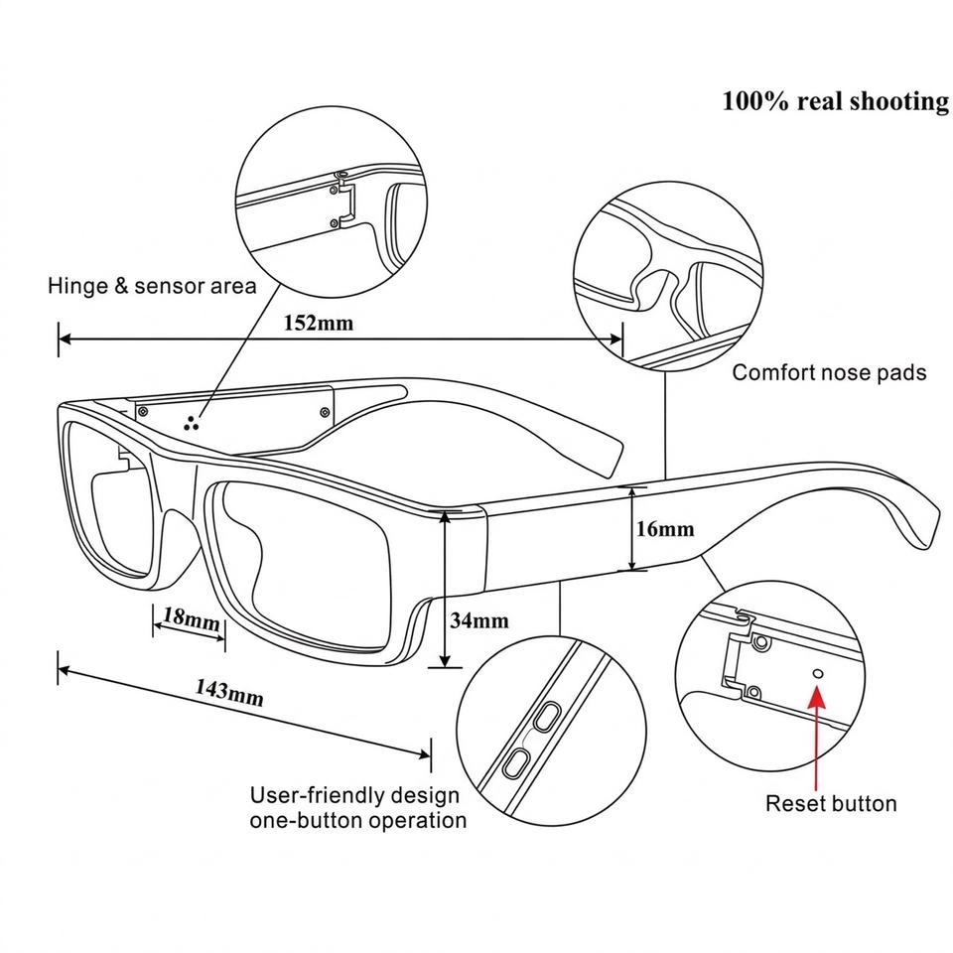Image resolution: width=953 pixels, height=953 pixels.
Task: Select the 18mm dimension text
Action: click(190, 620)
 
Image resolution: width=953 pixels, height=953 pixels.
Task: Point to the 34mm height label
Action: click(479, 621)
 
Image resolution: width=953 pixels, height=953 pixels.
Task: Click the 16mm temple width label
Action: click(665, 529)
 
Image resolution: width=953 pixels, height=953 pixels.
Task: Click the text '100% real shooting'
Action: click(835, 101)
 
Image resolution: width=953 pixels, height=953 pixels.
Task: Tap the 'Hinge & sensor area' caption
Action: click(152, 287)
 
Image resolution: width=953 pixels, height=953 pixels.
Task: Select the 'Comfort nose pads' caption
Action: click(829, 373)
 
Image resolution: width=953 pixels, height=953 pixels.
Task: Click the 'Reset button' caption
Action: click(831, 804)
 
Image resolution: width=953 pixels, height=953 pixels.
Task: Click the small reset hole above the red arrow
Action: click(818, 673)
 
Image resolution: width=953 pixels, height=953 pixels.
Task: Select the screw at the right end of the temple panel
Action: click(325, 411)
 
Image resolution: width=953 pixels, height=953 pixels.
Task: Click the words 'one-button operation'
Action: click(357, 821)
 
